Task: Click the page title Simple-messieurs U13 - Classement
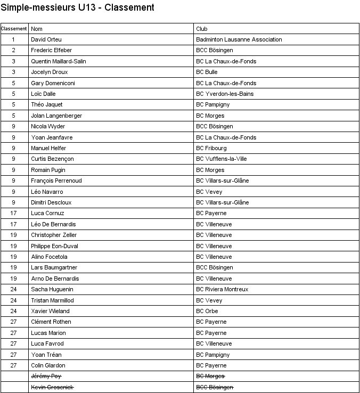pyautogui.click(x=78, y=7)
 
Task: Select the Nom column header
pyautogui.click(x=37, y=29)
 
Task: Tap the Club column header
pyautogui.click(x=202, y=29)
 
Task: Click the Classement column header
pyautogui.click(x=14, y=29)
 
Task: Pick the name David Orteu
pyautogui.click(x=46, y=39)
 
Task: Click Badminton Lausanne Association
pyautogui.click(x=239, y=39)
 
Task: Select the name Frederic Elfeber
pyautogui.click(x=51, y=50)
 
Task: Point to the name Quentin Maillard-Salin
pyautogui.click(x=59, y=61)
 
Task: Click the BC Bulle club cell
pyautogui.click(x=207, y=72)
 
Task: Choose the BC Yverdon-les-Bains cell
pyautogui.click(x=225, y=94)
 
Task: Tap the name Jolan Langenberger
pyautogui.click(x=56, y=116)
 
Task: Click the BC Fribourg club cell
pyautogui.click(x=211, y=148)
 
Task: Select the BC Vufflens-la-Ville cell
pyautogui.click(x=222, y=159)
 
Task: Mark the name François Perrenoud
pyautogui.click(x=56, y=181)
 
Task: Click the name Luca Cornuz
pyautogui.click(x=47, y=213)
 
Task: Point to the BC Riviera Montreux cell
pyautogui.click(x=222, y=289)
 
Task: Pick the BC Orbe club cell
pyautogui.click(x=207, y=311)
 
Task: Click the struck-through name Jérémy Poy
pyautogui.click(x=46, y=376)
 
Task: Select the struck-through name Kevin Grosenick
pyautogui.click(x=52, y=387)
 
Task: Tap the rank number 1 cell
pyautogui.click(x=14, y=39)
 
